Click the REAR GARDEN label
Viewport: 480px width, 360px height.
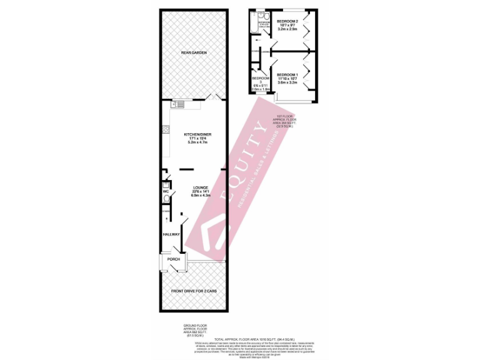coord(193,53)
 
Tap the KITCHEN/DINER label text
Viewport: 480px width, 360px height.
coord(197,135)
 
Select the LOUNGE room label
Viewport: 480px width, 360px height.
coord(200,187)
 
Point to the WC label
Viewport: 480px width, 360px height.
coord(166,191)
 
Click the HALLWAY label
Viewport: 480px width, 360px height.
coord(171,234)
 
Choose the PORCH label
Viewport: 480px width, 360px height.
coord(174,259)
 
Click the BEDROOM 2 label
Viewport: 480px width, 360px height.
coord(288,21)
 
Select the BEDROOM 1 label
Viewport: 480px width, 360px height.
coord(287,75)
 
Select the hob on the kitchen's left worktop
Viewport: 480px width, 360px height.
coord(166,130)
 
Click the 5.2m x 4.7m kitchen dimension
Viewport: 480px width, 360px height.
coord(197,143)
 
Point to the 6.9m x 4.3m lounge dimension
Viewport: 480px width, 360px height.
coord(200,196)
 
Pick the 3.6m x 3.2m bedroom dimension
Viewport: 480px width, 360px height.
coord(287,83)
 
